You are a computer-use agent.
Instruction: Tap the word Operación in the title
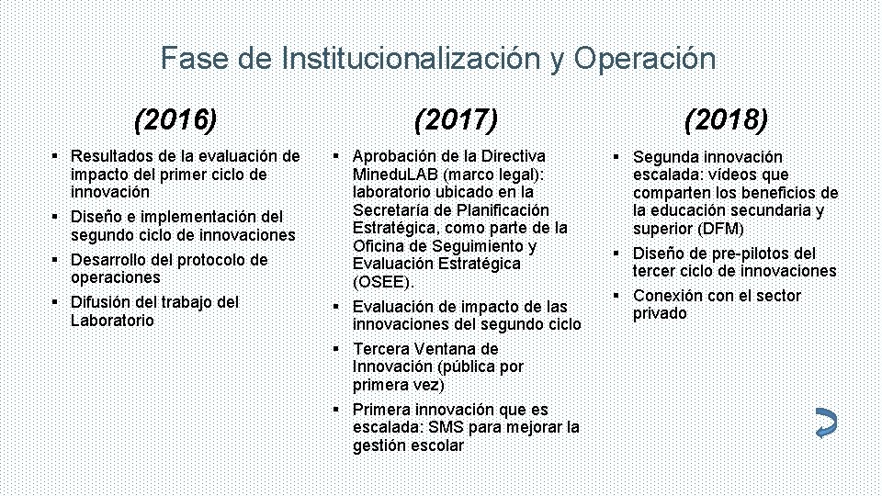pyautogui.click(x=645, y=59)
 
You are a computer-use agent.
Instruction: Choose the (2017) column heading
pyautogui.click(x=456, y=118)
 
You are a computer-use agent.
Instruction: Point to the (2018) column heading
pyautogui.click(x=726, y=118)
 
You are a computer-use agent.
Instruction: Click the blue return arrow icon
pyautogui.click(x=825, y=423)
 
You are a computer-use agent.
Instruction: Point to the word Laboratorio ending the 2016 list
pyautogui.click(x=112, y=321)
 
